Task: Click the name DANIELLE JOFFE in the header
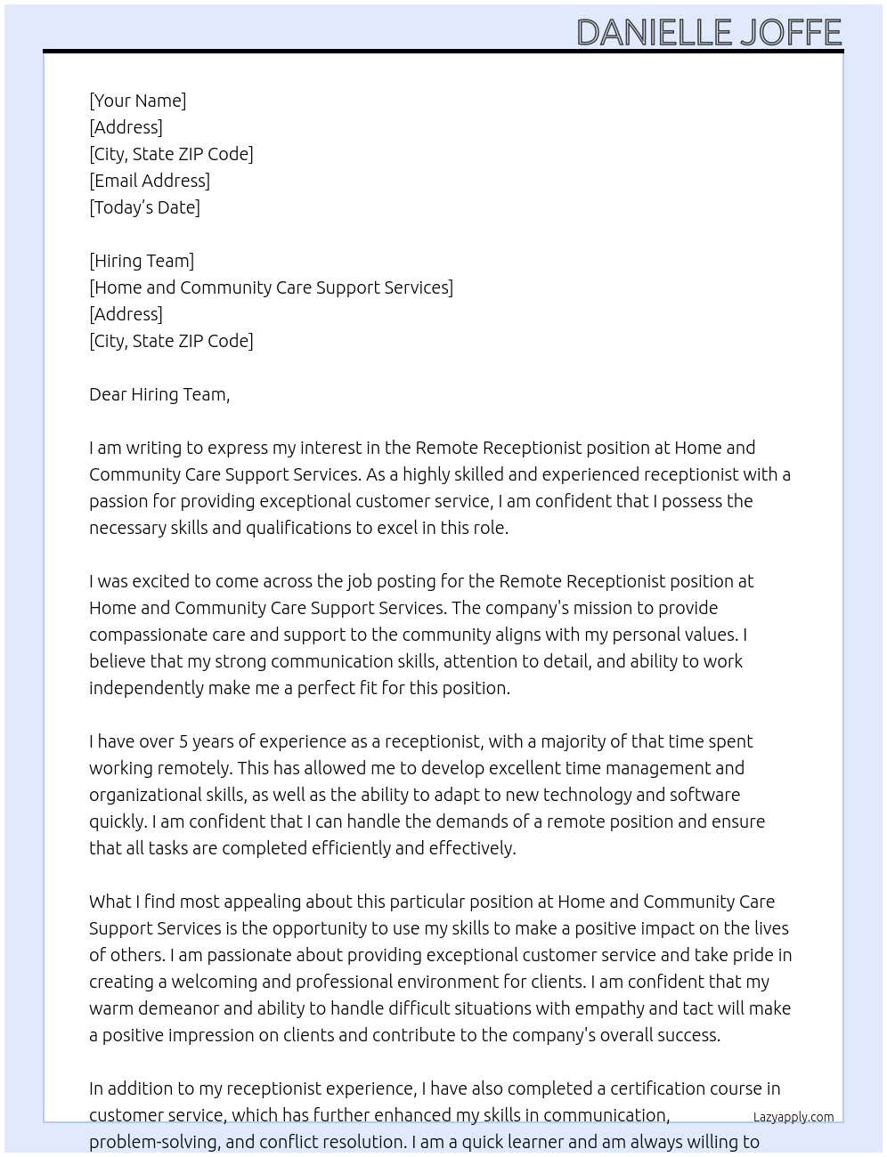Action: tap(709, 32)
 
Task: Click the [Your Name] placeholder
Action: tap(137, 101)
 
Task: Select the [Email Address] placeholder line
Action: tap(150, 181)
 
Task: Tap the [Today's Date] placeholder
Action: tap(144, 207)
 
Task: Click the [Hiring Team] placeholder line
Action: tap(142, 261)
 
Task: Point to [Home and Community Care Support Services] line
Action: tap(271, 287)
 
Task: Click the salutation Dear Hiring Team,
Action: tap(159, 394)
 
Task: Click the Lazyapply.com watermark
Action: tap(793, 1117)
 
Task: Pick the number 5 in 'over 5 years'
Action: tap(183, 741)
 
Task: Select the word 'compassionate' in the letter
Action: tap(149, 635)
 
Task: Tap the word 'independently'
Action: tap(146, 688)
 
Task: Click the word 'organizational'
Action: tap(145, 795)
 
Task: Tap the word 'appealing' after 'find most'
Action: tap(264, 902)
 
